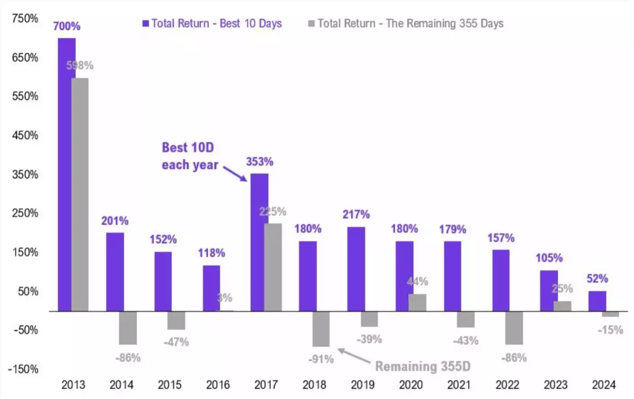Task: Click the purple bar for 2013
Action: (x=66, y=174)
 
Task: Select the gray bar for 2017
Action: (x=273, y=267)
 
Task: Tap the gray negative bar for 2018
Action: (x=321, y=329)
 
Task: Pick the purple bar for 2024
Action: (x=597, y=301)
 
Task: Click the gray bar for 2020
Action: (x=417, y=303)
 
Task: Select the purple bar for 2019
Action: (x=356, y=269)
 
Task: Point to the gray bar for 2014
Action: (x=128, y=327)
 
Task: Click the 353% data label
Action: (x=260, y=162)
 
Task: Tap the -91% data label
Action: (x=321, y=359)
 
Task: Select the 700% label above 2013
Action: (x=67, y=26)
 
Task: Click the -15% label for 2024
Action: (x=610, y=330)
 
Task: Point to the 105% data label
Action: (x=549, y=258)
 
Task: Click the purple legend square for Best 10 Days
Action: (x=146, y=23)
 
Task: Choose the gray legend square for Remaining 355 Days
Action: (x=312, y=23)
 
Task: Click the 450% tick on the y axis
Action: (x=25, y=135)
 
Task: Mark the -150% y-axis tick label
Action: (x=23, y=369)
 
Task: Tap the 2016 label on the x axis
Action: (x=218, y=385)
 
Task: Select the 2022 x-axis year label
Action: (x=507, y=385)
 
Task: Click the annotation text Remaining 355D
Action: (x=422, y=366)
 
